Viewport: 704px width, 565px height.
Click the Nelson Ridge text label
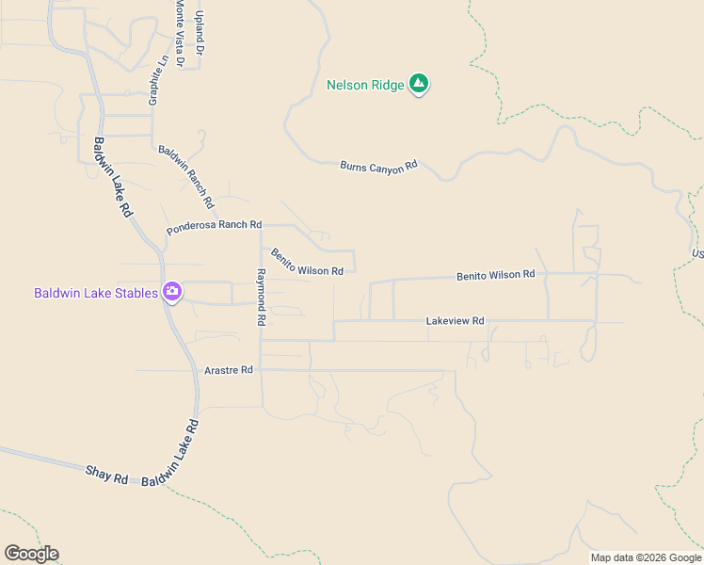365,85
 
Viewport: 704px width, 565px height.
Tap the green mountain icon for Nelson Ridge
420,85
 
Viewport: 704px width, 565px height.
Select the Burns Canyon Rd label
378,167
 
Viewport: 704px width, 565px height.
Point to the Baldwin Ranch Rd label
186,177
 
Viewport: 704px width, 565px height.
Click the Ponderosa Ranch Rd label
214,227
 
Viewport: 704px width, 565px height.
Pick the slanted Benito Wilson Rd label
307,263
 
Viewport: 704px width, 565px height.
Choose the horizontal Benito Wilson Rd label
495,275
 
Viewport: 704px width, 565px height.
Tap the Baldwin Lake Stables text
96,293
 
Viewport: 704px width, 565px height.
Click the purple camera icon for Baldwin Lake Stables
172,292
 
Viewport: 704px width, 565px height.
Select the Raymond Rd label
261,297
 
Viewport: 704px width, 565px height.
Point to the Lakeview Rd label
455,321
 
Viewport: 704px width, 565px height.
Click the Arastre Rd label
229,370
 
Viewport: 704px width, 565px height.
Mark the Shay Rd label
106,474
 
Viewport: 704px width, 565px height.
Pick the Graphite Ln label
157,79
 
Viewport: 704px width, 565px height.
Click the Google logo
31,554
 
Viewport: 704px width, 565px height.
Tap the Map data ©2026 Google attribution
646,557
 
